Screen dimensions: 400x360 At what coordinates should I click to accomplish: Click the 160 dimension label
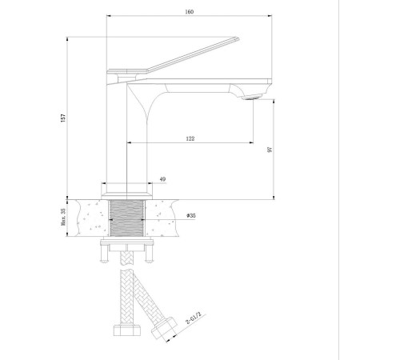pyautogui.click(x=190, y=12)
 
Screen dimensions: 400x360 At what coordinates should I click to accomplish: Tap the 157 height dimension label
pyautogui.click(x=63, y=118)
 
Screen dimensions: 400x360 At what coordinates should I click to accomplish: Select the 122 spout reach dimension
pyautogui.click(x=190, y=138)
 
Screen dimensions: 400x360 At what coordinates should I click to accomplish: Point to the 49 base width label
pyautogui.click(x=162, y=179)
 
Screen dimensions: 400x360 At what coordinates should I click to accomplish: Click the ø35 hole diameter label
pyautogui.click(x=191, y=215)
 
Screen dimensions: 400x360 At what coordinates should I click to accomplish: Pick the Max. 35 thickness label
pyautogui.click(x=63, y=217)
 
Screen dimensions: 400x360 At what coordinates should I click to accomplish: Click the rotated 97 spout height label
pyautogui.click(x=270, y=150)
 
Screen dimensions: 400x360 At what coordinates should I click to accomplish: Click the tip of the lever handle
pyautogui.click(x=238, y=38)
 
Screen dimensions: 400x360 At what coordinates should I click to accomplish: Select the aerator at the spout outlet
pyautogui.click(x=252, y=98)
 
